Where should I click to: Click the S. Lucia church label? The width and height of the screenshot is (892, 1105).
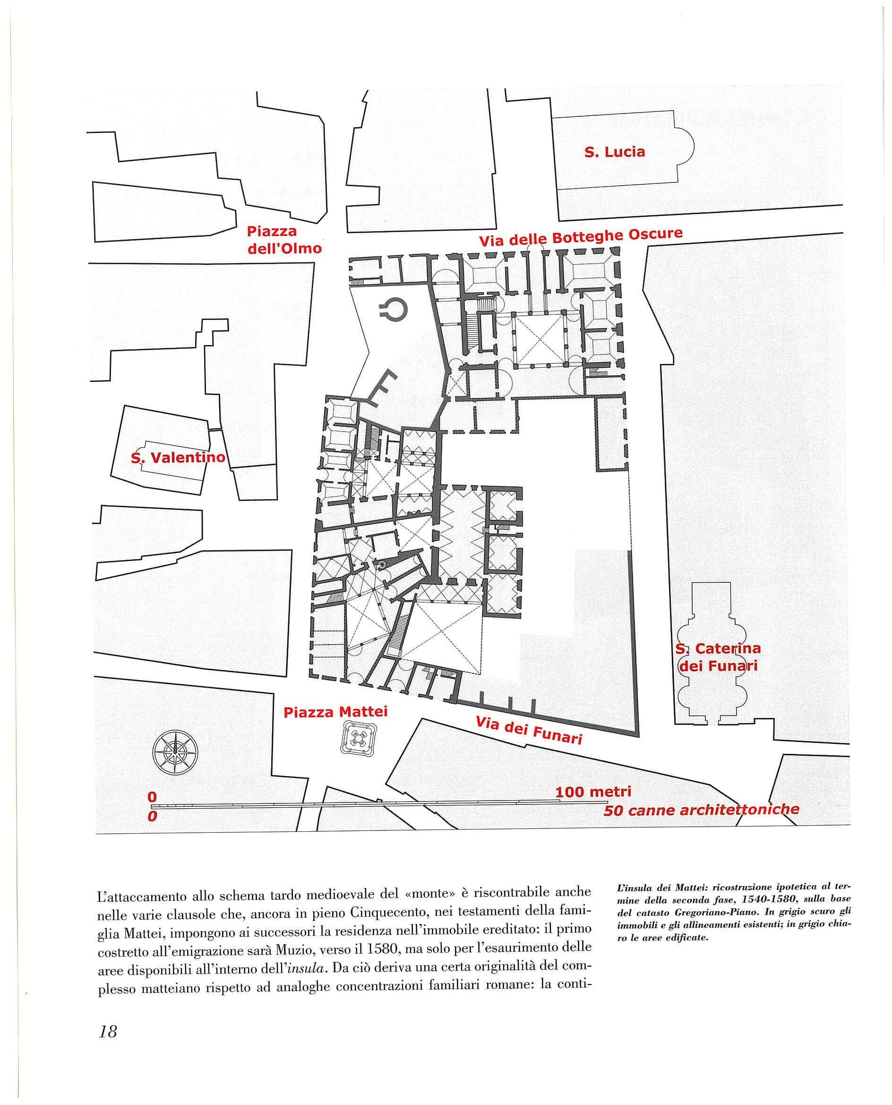[615, 152]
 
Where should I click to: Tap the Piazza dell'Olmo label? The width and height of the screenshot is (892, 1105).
[284, 240]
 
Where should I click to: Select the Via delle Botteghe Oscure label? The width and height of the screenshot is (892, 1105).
[581, 237]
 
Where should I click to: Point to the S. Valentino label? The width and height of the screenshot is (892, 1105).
[178, 458]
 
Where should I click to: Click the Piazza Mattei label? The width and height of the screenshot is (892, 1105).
[335, 712]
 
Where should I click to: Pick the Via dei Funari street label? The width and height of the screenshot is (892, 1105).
[529, 730]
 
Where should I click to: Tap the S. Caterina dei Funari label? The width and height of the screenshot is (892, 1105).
[718, 657]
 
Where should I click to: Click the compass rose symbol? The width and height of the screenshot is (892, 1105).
[175, 752]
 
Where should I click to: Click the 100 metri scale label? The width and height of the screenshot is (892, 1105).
[593, 792]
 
